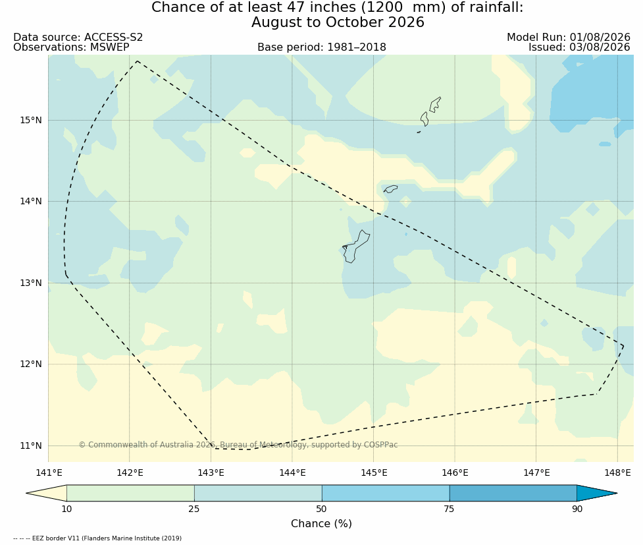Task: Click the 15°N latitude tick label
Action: coord(31,121)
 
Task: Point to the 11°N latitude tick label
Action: coord(31,445)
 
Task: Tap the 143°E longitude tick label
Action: coord(211,473)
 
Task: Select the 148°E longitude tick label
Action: coord(617,473)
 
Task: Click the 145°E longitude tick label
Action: coord(374,473)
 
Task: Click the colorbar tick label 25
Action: coord(194,509)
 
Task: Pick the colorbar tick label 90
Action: coord(577,509)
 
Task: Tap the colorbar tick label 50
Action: coord(321,509)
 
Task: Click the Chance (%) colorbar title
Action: coord(321,524)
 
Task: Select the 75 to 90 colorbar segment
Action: coord(513,493)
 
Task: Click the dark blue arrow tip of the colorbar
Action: coord(616,493)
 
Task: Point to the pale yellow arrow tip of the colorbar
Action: coord(27,493)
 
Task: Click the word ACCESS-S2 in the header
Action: coord(114,38)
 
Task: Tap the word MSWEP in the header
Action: coord(109,47)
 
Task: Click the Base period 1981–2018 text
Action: coord(322,47)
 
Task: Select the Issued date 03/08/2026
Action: coord(600,47)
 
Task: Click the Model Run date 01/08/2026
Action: coord(600,38)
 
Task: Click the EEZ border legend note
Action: coord(97,538)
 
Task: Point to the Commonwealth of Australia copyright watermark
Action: coord(238,445)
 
